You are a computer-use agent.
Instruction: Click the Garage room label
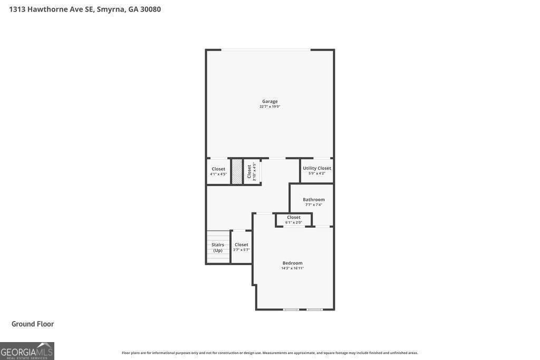pyautogui.click(x=270, y=101)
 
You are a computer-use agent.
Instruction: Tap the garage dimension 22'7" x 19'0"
pyautogui.click(x=270, y=106)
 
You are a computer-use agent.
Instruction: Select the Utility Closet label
pyautogui.click(x=317, y=168)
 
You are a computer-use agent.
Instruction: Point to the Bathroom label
pyautogui.click(x=314, y=199)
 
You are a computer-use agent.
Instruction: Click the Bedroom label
pyautogui.click(x=292, y=263)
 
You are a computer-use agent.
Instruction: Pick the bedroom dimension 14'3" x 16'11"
pyautogui.click(x=292, y=268)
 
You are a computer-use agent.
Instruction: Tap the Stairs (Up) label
pyautogui.click(x=218, y=247)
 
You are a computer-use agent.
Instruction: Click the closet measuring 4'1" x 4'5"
pyautogui.click(x=218, y=171)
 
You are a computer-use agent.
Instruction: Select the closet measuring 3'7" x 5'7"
pyautogui.click(x=242, y=247)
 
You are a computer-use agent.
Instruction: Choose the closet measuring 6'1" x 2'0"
pyautogui.click(x=294, y=219)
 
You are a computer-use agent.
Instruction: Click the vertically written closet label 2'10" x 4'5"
pyautogui.click(x=252, y=171)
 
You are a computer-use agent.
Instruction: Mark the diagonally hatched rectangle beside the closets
pyautogui.click(x=237, y=171)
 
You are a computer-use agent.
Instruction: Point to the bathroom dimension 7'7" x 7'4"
pyautogui.click(x=314, y=205)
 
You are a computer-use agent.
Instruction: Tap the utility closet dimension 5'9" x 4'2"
pyautogui.click(x=317, y=173)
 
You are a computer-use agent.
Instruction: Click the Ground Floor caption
pyautogui.click(x=33, y=324)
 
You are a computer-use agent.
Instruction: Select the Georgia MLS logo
pyautogui.click(x=27, y=351)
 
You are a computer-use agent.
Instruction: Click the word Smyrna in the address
pyautogui.click(x=111, y=9)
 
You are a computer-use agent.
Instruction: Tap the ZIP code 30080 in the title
pyautogui.click(x=150, y=9)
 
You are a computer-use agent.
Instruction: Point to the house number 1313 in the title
pyautogui.click(x=17, y=9)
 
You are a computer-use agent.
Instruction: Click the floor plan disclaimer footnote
pyautogui.click(x=269, y=353)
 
